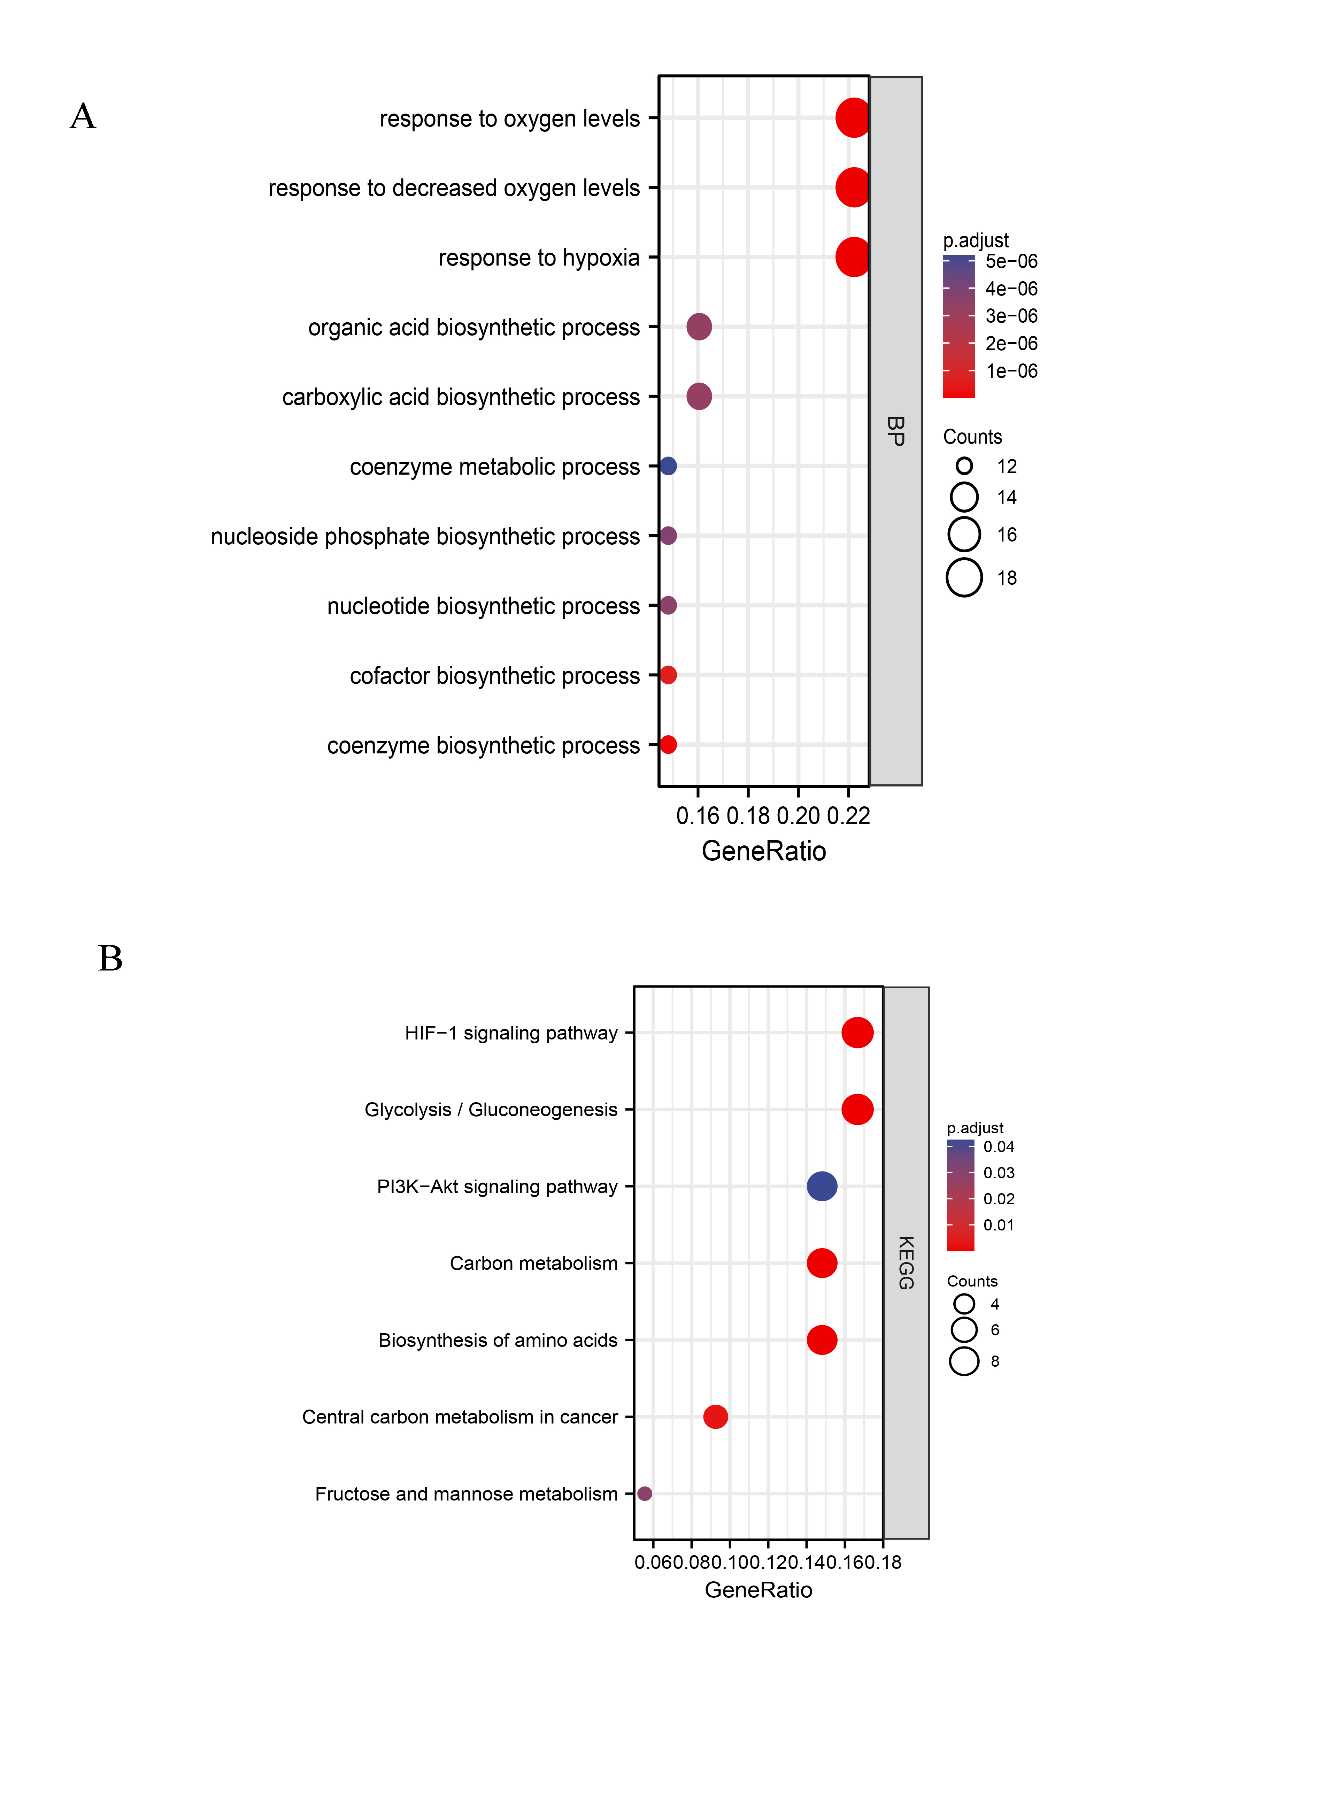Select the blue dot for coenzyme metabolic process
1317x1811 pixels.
pyautogui.click(x=668, y=466)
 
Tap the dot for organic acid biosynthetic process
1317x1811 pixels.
pyautogui.click(x=699, y=327)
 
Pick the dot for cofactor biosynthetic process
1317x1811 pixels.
pyautogui.click(x=668, y=675)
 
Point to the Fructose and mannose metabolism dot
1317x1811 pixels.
pyautogui.click(x=645, y=1493)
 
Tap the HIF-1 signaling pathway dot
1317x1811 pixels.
pyautogui.click(x=857, y=1033)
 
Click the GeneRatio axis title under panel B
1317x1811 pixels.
pyautogui.click(x=758, y=1590)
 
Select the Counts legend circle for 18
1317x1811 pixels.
pyautogui.click(x=964, y=577)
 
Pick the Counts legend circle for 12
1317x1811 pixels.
pyautogui.click(x=964, y=466)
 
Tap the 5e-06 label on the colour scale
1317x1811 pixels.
pyautogui.click(x=1011, y=261)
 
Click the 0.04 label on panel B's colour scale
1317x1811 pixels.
pyautogui.click(x=999, y=1147)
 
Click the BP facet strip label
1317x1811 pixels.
pyautogui.click(x=895, y=431)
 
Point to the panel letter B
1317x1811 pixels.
pyautogui.click(x=110, y=958)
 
